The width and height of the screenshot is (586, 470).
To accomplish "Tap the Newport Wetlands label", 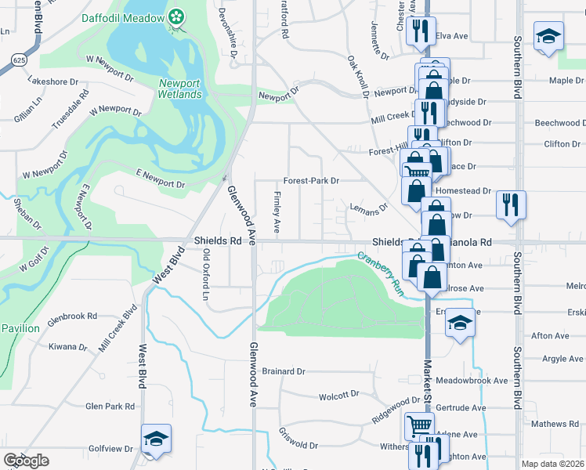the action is coord(181,89).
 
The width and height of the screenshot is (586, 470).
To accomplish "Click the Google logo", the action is coord(26,461).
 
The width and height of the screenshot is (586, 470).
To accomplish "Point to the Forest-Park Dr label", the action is coord(311,180).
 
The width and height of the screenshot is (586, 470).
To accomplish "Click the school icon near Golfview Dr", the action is coord(156,439).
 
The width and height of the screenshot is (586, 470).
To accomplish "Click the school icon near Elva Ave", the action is coord(548,35).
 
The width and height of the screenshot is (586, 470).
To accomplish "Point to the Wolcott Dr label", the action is coord(338,396).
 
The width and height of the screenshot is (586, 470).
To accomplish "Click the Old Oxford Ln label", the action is coord(207,274).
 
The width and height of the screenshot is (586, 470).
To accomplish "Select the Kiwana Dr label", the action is coord(67,346).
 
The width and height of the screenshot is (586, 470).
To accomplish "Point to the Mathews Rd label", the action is coord(554,424).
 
